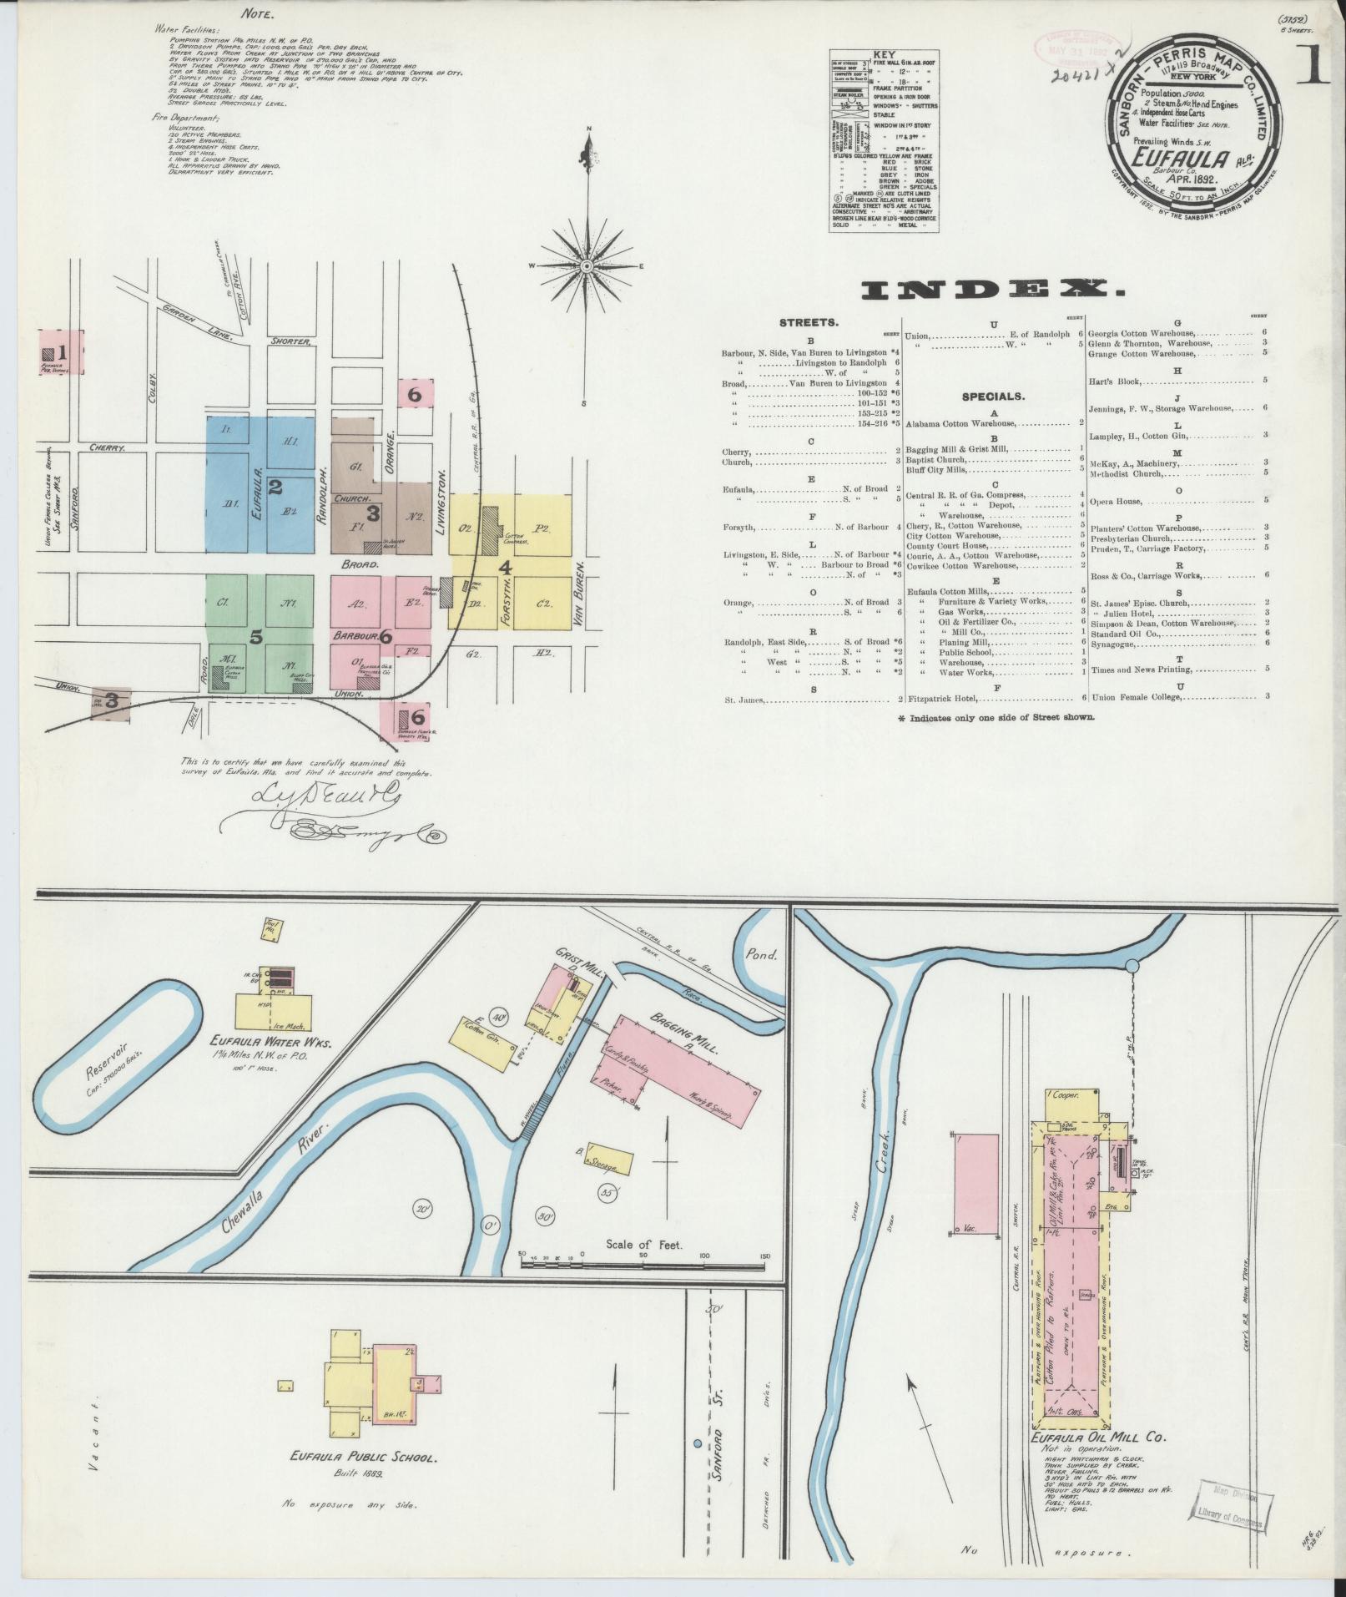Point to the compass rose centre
pyautogui.click(x=587, y=265)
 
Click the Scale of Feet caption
pyautogui.click(x=644, y=1268)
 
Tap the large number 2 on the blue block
pyautogui.click(x=275, y=485)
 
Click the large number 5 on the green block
pyautogui.click(x=256, y=636)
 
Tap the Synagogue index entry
pyautogui.click(x=1113, y=642)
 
